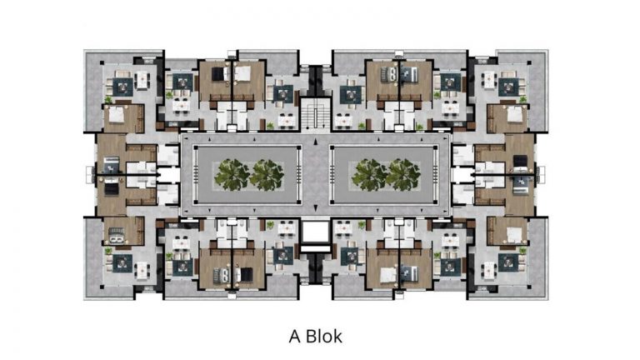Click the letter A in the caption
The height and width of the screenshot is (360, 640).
(x=295, y=337)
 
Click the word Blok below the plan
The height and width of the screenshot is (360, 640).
(x=323, y=336)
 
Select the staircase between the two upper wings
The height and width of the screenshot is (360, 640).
(x=315, y=113)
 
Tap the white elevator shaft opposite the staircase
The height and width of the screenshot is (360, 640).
(x=315, y=232)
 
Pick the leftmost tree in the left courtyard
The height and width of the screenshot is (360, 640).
(x=232, y=175)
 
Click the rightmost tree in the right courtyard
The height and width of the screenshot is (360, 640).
(x=403, y=175)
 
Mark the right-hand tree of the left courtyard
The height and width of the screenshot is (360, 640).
(x=267, y=175)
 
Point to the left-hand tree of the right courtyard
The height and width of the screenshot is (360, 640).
(x=369, y=175)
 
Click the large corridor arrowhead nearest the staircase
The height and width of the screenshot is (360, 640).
(x=315, y=142)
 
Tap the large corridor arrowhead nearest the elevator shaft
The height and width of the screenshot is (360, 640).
(x=315, y=208)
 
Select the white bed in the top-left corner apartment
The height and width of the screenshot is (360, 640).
(x=116, y=114)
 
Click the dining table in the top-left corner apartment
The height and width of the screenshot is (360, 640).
(x=142, y=79)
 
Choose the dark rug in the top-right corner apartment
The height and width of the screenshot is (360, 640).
(x=508, y=87)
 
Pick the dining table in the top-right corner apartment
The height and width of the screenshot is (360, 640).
(x=489, y=80)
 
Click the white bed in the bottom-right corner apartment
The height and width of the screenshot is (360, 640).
(x=514, y=235)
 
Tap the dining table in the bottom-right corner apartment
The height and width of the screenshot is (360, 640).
(x=489, y=270)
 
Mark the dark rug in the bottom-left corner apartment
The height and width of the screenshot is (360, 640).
(x=122, y=263)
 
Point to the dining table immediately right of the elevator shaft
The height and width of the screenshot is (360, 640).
(x=343, y=229)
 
